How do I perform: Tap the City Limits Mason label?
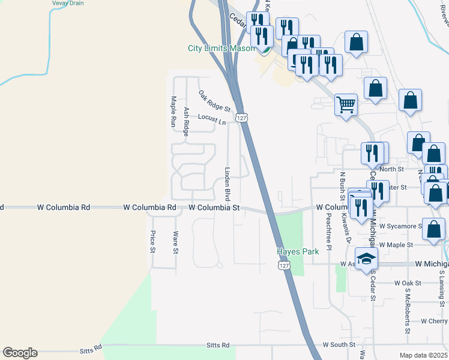coord(221,49)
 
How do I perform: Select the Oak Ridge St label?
coord(214,101)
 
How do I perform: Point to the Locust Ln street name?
coord(211,119)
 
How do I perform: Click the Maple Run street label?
coord(173,112)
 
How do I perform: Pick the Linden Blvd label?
coord(228,184)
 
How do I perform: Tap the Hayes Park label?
coord(298,252)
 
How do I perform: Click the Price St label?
coord(153,241)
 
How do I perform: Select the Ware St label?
coord(175,242)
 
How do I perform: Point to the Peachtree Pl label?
coord(329,231)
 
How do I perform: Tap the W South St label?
coord(339,345)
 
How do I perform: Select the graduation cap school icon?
coord(366,259)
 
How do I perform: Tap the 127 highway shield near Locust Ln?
coord(241,118)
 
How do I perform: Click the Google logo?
coord(20,353)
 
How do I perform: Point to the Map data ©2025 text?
coord(424,355)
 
